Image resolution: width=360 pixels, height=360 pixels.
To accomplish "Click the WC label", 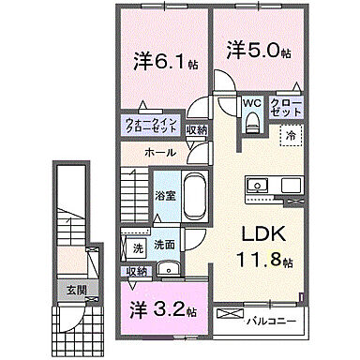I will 251,103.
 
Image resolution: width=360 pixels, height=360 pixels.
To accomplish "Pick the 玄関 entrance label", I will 75,291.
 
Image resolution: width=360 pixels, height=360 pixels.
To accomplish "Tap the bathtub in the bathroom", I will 194,196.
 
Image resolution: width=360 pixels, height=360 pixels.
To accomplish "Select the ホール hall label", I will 158,151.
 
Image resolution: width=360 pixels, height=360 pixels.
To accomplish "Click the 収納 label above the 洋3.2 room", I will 137,271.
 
